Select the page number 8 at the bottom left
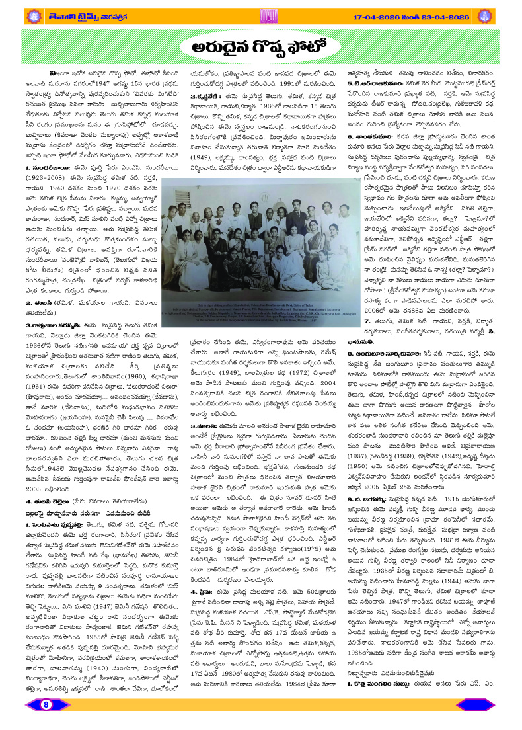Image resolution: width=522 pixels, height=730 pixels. [x=47, y=722]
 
